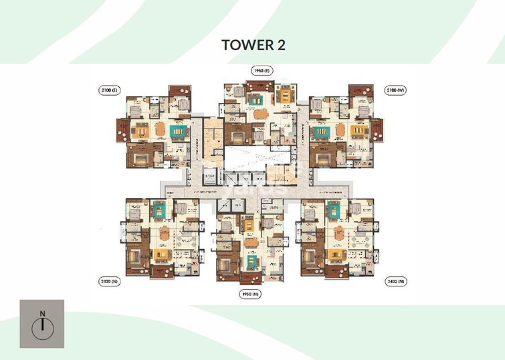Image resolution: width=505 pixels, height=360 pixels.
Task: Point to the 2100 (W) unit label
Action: pos(396,89)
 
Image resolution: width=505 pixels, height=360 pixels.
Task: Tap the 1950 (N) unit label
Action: pos(250,293)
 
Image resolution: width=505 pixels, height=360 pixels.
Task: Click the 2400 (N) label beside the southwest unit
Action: pos(110,282)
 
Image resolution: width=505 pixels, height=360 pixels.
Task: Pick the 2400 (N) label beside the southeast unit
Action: pos(396,282)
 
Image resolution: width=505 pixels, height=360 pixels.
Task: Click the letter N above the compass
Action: pos(42,313)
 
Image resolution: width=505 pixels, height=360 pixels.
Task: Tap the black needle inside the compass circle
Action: pos(42,327)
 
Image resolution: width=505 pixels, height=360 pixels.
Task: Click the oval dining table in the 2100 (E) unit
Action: pos(159,130)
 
